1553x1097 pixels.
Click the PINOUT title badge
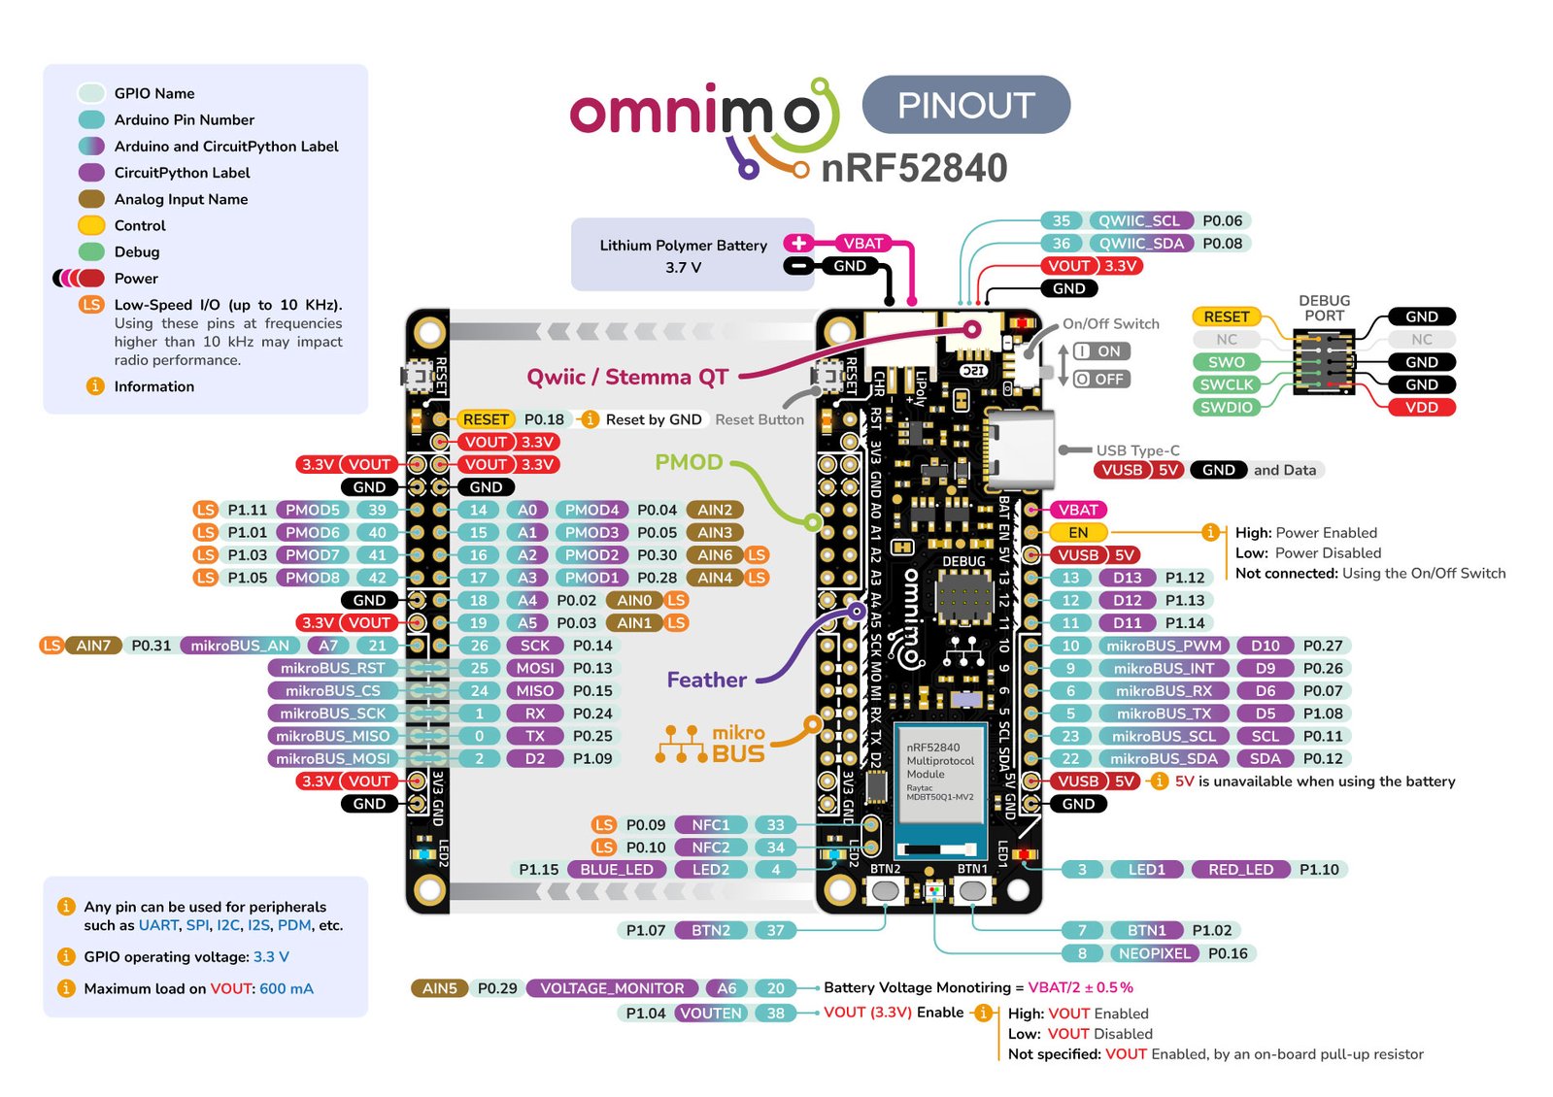point(965,105)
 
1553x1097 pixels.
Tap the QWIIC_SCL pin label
point(1138,221)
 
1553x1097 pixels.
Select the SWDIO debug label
point(1226,408)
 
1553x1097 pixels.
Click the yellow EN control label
point(1078,533)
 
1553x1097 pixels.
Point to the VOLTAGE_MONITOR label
point(612,988)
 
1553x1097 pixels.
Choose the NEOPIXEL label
point(1154,953)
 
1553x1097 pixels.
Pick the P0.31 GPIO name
point(151,646)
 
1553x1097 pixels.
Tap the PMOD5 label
point(313,510)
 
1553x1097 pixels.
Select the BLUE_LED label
point(616,870)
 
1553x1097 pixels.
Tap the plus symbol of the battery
point(798,244)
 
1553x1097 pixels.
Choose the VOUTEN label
point(711,1014)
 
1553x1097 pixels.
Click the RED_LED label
point(1240,870)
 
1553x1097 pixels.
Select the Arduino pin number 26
point(479,646)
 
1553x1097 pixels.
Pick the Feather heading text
point(706,681)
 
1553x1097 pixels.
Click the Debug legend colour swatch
point(91,252)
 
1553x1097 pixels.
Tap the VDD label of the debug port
point(1421,408)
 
